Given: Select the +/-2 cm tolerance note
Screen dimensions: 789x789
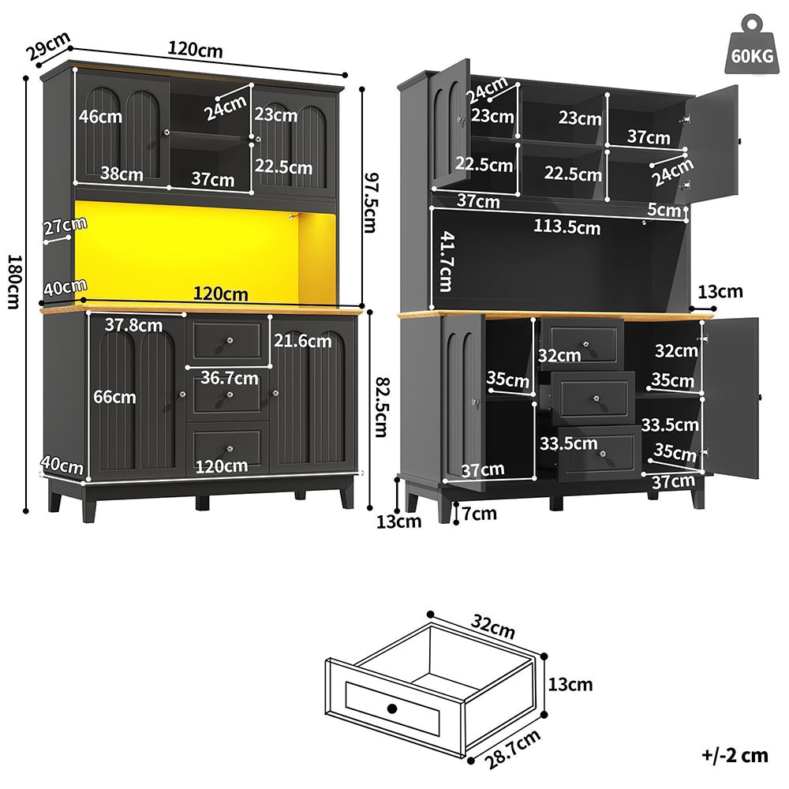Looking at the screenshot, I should click(x=735, y=755).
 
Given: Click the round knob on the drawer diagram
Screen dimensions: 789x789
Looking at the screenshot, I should click(x=392, y=707).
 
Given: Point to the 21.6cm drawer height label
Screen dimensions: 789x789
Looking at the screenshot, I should click(x=303, y=341).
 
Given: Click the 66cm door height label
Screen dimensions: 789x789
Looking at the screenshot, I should click(x=114, y=397).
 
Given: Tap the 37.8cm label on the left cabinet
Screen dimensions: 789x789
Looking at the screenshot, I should click(x=133, y=324).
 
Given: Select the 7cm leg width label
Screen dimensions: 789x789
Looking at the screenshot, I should click(x=479, y=514).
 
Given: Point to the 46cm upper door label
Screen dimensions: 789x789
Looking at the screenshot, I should click(x=100, y=117).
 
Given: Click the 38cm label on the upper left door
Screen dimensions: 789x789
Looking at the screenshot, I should click(x=122, y=174).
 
